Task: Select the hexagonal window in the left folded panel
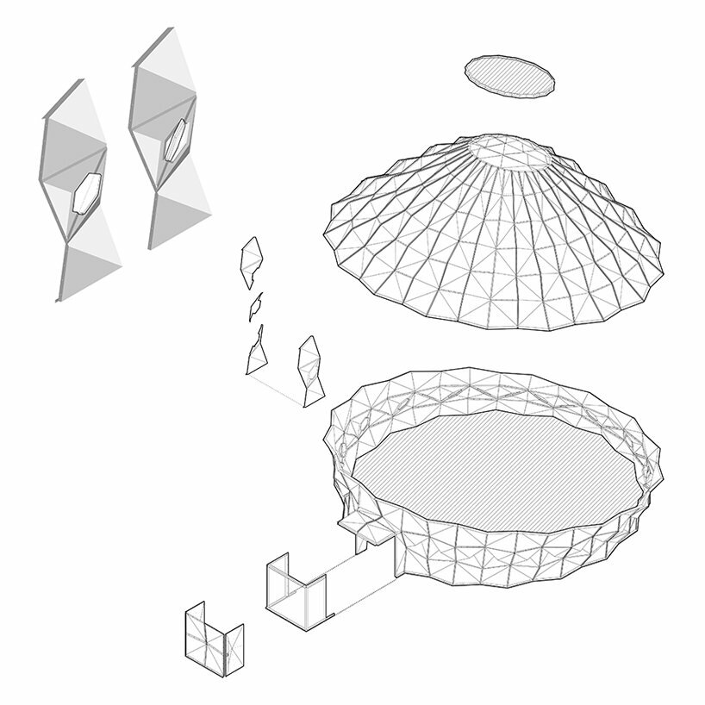point(89,191)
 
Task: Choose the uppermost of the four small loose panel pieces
point(252,261)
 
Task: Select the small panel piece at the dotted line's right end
point(310,369)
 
